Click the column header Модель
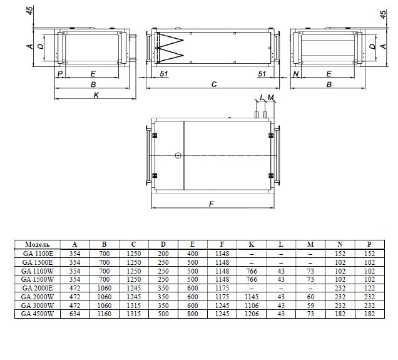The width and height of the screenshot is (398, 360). [x=38, y=244]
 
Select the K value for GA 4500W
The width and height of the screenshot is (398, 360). [x=252, y=314]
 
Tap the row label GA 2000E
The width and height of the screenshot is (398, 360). [x=38, y=288]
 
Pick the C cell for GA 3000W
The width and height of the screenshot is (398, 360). [x=134, y=306]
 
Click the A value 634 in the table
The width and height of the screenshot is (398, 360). [x=74, y=314]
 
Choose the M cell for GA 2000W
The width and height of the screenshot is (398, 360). [x=310, y=297]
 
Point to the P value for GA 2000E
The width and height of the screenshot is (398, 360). [x=369, y=288]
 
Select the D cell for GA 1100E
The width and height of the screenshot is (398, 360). [x=163, y=254]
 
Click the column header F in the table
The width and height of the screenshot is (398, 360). [x=222, y=244]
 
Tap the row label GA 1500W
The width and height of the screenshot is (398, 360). [x=38, y=279]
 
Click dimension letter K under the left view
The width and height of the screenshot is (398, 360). [x=96, y=95]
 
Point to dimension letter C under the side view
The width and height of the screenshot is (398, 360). [x=214, y=85]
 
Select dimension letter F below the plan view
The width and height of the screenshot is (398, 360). [x=212, y=204]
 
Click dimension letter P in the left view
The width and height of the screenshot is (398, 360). [x=60, y=74]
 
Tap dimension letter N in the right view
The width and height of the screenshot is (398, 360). [x=296, y=74]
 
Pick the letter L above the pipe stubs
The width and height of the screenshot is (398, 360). [x=262, y=97]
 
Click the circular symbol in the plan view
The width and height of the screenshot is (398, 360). [x=178, y=155]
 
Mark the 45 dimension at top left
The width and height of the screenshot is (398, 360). [x=29, y=11]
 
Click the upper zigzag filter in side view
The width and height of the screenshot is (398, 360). [x=170, y=40]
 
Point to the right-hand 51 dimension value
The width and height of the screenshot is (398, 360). [x=262, y=74]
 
